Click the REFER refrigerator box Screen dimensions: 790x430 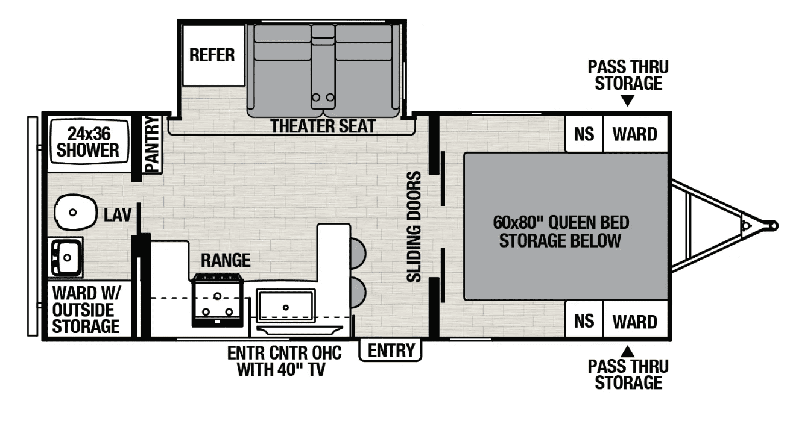coord(213,55)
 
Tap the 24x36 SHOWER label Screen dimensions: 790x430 coord(88,142)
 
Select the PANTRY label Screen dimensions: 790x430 coord(153,145)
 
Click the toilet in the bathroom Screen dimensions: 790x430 coord(75,213)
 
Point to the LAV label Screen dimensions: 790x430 coord(118,214)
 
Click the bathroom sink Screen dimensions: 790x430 coord(66,257)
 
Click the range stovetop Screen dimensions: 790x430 coord(217,301)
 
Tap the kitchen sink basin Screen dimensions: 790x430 coord(286,306)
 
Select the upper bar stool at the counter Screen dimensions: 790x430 coord(358,253)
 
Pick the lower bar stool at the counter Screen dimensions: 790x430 coord(358,292)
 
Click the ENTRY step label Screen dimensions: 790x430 coord(390,351)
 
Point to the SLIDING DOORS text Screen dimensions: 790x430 coord(414,227)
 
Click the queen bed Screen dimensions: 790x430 coord(566,226)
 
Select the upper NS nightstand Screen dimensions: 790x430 coord(584,134)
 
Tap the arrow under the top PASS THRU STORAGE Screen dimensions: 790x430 coord(627,101)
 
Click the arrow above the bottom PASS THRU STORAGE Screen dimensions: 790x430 coord(627,352)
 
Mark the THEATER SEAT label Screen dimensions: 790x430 coord(323,126)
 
